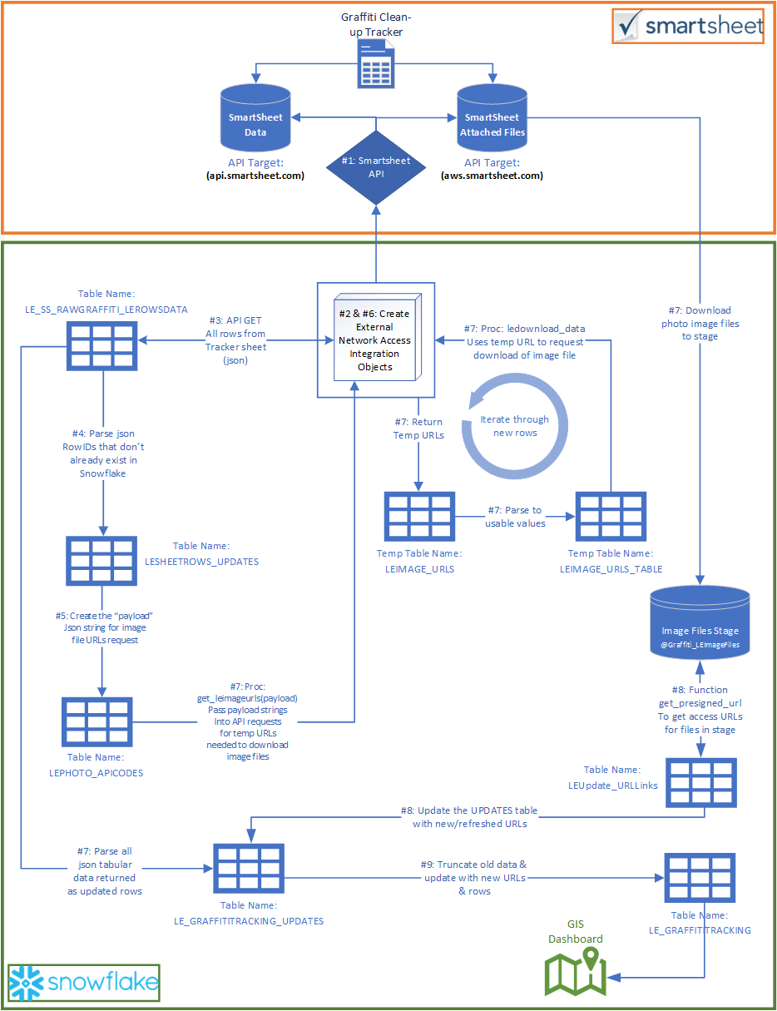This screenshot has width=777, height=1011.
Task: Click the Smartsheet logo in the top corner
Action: pos(689,27)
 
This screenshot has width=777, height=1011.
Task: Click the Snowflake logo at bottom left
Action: pos(83,983)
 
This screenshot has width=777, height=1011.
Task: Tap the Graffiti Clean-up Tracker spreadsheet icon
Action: pos(376,65)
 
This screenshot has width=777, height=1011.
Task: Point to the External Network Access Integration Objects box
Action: pos(374,340)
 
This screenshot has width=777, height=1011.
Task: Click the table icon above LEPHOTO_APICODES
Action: pos(97,721)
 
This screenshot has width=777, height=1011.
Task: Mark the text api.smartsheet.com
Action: pos(255,176)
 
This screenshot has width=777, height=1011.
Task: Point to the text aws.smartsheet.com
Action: pos(492,176)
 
